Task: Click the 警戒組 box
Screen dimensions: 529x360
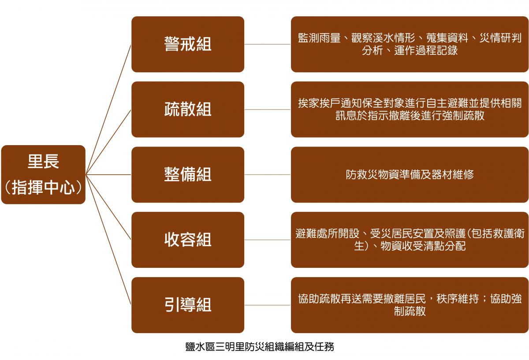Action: (x=188, y=44)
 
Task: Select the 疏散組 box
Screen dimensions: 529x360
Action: (x=188, y=109)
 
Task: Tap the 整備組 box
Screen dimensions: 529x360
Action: (x=188, y=175)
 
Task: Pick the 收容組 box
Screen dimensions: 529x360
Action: (x=188, y=240)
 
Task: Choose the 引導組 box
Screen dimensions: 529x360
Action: (x=188, y=305)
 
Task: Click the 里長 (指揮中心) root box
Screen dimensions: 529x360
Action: (x=43, y=175)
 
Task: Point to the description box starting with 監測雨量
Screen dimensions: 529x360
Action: (x=410, y=44)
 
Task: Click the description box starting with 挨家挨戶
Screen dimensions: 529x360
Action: (x=410, y=109)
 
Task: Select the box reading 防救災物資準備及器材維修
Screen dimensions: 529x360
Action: (x=410, y=175)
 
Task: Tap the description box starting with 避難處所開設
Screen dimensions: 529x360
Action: (x=410, y=240)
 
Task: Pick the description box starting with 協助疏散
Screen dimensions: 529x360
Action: (x=410, y=305)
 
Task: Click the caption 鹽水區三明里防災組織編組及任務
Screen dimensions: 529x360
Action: (x=260, y=347)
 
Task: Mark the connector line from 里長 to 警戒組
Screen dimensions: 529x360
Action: (x=108, y=109)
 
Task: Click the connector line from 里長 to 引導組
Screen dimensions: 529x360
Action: (x=108, y=240)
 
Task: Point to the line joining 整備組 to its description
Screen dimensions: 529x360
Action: (x=268, y=175)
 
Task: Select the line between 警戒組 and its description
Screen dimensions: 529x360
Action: (x=268, y=44)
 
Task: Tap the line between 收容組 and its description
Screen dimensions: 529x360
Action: (x=268, y=240)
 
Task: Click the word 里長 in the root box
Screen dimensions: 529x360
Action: (x=43, y=161)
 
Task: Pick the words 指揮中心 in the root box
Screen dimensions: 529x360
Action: (x=43, y=187)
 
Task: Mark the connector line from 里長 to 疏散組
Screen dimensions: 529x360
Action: (x=108, y=142)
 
